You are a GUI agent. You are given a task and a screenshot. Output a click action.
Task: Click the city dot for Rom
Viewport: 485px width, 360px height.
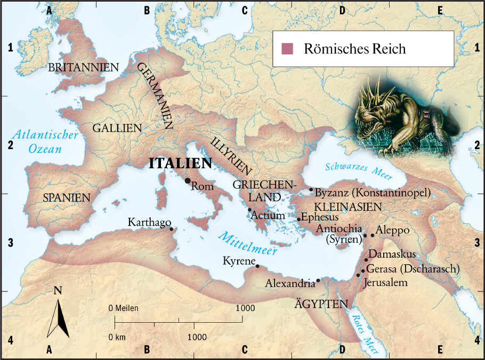[x=188, y=181]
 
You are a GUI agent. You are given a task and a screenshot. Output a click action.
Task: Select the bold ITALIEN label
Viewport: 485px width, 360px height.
[x=180, y=164]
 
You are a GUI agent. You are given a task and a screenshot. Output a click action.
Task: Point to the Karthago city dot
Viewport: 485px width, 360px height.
[x=171, y=229]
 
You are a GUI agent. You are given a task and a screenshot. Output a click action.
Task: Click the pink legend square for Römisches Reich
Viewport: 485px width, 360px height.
[x=288, y=49]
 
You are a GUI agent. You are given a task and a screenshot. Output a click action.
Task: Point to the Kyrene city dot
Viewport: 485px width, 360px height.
[x=257, y=266]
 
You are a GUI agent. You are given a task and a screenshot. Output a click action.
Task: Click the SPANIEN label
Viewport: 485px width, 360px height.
[x=67, y=198]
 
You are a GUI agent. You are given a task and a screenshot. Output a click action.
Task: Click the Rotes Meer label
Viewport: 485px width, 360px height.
[x=362, y=330]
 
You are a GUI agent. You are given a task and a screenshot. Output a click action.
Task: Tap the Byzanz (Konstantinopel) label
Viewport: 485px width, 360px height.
[x=373, y=192]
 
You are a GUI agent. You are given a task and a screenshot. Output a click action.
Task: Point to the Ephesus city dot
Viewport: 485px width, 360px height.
[x=299, y=219]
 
